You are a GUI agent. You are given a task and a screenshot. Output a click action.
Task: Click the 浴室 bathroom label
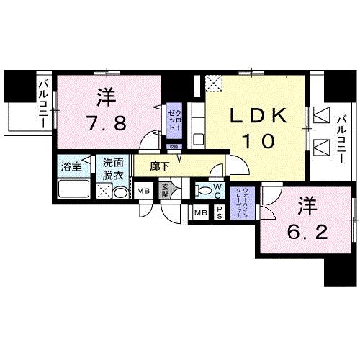70,165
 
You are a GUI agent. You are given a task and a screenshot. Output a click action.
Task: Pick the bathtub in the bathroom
71,189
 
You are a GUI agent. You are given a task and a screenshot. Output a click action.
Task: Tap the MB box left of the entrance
143,191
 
